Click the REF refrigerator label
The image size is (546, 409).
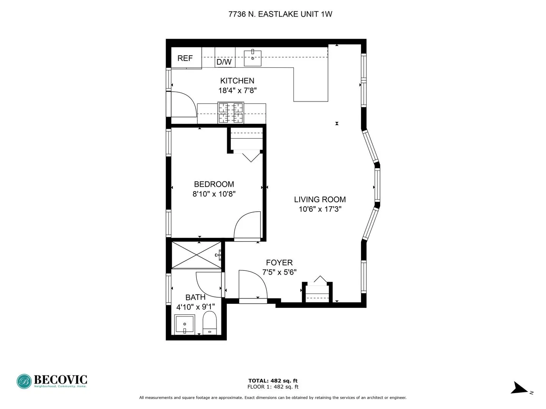185,58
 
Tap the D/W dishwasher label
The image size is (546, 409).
224,62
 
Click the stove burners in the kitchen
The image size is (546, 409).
230,113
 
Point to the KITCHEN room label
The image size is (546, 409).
237,81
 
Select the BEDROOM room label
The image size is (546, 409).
214,184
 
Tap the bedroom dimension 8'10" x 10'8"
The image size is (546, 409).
214,194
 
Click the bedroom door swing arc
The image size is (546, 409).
247,226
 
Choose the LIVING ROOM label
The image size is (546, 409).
320,200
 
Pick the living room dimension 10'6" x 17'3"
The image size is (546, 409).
320,209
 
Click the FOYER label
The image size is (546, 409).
279,263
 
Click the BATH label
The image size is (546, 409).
195,297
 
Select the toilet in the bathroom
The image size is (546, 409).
209,323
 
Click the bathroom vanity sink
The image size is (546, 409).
185,325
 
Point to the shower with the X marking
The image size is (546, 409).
196,255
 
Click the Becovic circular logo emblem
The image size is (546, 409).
24,381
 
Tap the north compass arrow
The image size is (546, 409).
519,389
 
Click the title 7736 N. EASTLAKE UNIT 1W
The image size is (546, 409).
280,14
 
